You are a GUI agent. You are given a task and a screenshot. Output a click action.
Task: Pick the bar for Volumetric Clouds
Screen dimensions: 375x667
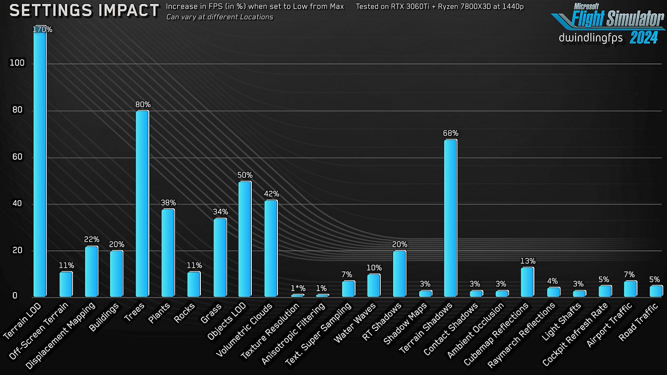pos(271,248)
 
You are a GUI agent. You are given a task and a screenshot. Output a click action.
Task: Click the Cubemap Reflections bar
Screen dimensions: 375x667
pos(527,282)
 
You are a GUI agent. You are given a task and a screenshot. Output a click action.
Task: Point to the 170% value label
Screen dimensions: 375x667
pos(43,30)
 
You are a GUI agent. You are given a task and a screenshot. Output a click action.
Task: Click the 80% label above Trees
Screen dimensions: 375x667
pos(143,105)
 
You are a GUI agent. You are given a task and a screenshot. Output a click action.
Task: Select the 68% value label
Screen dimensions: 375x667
pos(450,134)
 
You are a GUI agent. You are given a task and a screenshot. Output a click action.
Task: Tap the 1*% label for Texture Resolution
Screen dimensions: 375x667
pos(298,288)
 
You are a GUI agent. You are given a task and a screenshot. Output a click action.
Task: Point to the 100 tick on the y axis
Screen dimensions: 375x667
pos(17,64)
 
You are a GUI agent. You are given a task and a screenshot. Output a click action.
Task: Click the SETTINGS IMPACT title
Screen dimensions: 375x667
pos(85,10)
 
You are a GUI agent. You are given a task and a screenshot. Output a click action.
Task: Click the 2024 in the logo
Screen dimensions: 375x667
pos(643,38)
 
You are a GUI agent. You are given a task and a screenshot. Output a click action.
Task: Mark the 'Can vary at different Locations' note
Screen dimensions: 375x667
pos(219,17)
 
